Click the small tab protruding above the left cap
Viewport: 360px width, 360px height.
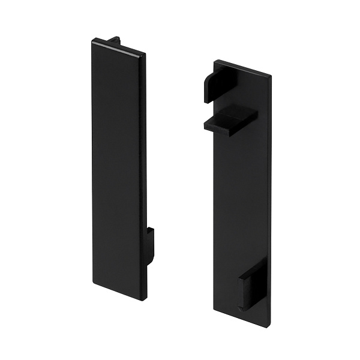tap(112, 41)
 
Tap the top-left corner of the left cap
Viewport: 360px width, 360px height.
tap(93, 41)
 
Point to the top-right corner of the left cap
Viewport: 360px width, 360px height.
tap(145, 56)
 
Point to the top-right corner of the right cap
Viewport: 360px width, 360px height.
tap(271, 77)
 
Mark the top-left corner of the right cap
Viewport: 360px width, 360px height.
tap(215, 61)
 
